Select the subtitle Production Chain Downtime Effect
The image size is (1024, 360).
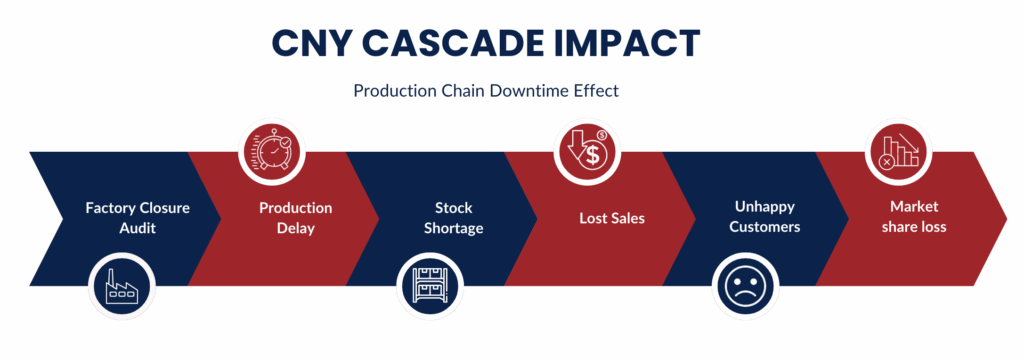pos(486,90)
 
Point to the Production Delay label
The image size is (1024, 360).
pos(295,218)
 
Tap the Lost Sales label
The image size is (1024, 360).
pos(612,218)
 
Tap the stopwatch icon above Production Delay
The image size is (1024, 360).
pos(273,152)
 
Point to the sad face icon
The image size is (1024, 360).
pos(747,285)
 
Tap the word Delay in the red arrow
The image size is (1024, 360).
pos(295,228)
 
